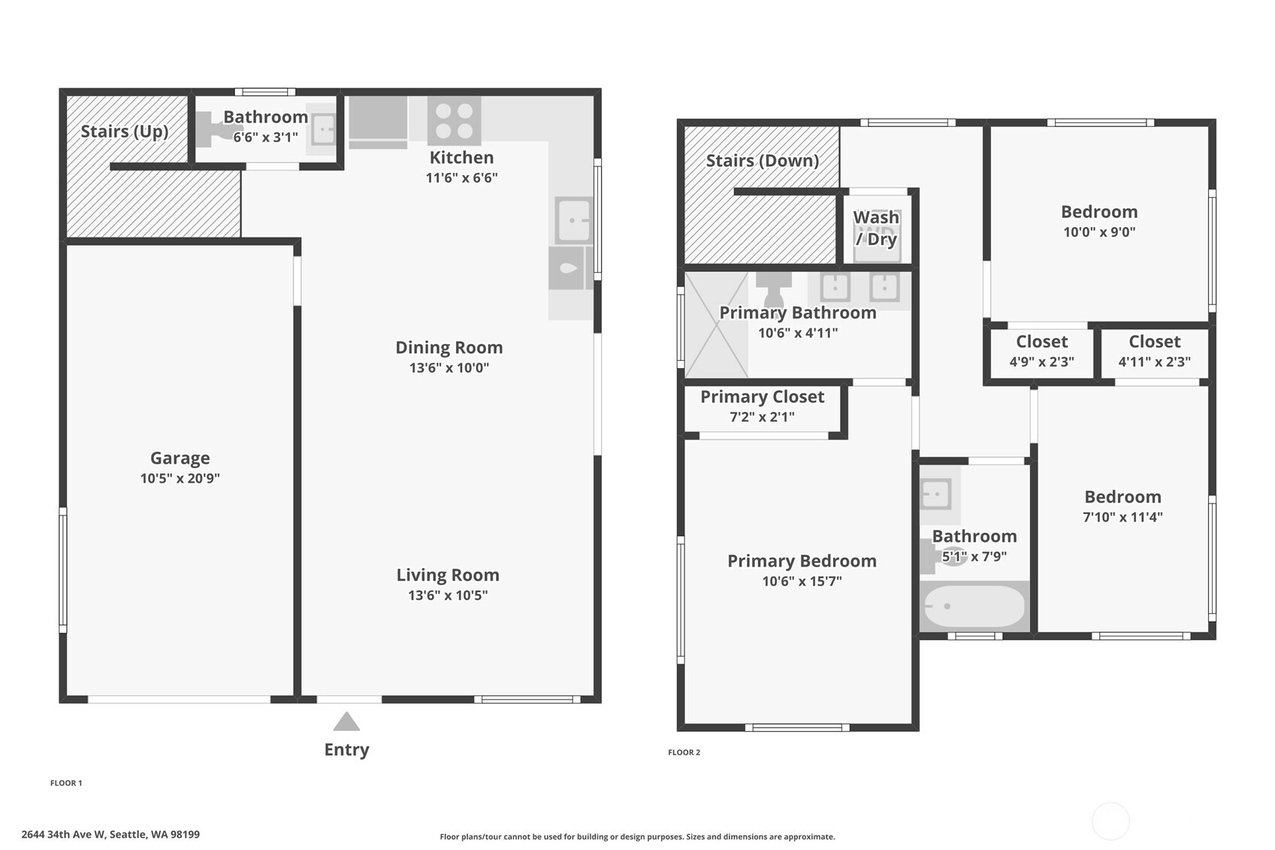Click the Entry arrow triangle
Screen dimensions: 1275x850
tap(346, 722)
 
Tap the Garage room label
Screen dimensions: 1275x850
tap(180, 458)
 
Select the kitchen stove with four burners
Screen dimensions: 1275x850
tap(454, 121)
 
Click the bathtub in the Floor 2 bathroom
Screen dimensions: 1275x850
tap(974, 606)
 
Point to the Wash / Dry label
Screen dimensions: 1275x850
tap(876, 228)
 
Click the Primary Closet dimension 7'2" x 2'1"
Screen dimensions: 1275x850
tap(762, 417)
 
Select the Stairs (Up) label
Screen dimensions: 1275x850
tap(125, 132)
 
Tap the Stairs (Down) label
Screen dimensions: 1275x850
tap(763, 161)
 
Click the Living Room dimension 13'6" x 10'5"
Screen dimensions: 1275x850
tap(448, 595)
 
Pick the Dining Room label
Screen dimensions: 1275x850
tap(449, 347)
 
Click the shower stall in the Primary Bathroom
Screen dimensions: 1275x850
tap(717, 325)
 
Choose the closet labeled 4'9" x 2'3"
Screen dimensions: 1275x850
tap(1041, 351)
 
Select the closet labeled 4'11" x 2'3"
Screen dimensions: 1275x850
tap(1154, 351)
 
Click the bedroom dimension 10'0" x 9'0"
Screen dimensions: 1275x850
tap(1100, 232)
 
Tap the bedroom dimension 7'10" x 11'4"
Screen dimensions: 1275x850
tap(1122, 517)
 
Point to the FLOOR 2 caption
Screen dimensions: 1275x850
tap(684, 752)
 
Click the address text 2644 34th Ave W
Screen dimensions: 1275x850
tap(63, 834)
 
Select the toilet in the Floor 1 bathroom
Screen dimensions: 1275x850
tap(212, 128)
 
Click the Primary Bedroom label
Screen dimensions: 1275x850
tap(802, 561)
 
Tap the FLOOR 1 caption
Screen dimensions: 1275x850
tap(66, 783)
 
